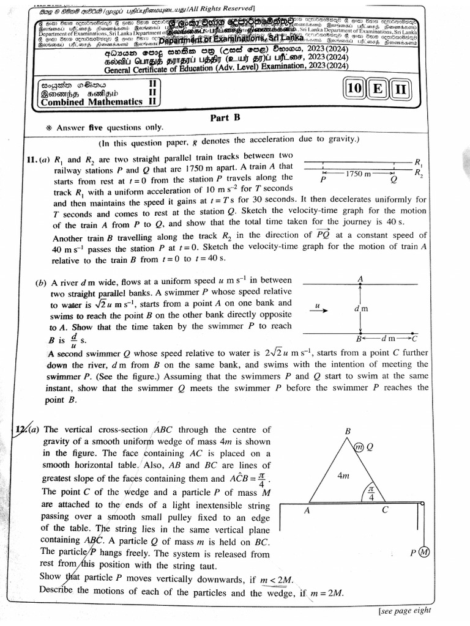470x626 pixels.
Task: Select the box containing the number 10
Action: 354,89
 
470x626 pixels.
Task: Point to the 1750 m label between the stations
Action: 358,174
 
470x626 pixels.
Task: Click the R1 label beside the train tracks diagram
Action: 419,163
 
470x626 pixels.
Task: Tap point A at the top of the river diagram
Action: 360,278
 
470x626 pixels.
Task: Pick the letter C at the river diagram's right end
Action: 414,338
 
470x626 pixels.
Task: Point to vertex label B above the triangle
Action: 348,431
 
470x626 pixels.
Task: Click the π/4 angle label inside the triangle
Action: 370,493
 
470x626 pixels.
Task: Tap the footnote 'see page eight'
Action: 404,609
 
